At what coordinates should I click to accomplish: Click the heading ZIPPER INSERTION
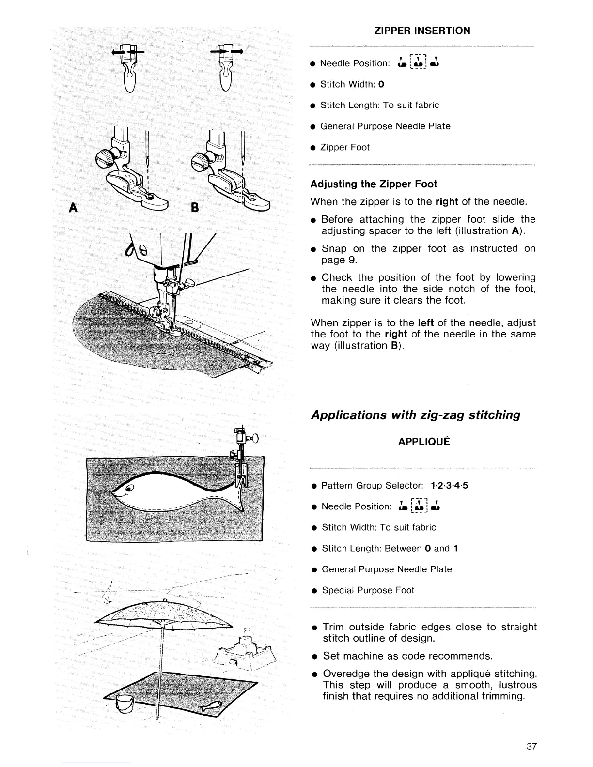coord(422,31)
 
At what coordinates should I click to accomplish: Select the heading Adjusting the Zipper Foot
coord(374,184)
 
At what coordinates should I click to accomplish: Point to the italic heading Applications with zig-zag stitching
coord(416,415)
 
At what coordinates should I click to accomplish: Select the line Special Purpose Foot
coord(368,590)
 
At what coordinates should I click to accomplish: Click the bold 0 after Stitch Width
coord(382,84)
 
